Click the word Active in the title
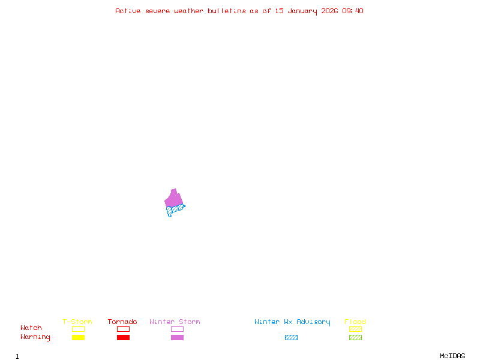coord(128,11)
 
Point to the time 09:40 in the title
coord(353,11)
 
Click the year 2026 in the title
coord(329,11)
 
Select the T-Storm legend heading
coord(77,322)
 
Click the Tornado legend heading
coord(122,322)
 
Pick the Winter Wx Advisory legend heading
coord(292,322)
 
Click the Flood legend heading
coord(355,322)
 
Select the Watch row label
coord(31,328)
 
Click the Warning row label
coord(35,337)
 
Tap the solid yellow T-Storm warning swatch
coord(78,338)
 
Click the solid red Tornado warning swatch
coord(123,338)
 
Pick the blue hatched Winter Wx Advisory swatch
coord(291,338)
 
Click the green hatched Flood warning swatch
coord(355,338)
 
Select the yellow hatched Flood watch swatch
coord(355,329)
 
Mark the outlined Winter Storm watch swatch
coord(177,329)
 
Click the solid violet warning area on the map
coord(174,199)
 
